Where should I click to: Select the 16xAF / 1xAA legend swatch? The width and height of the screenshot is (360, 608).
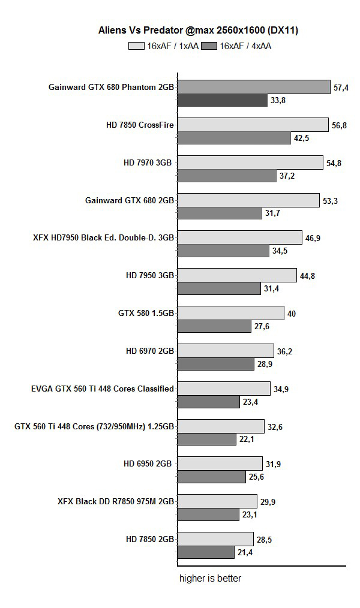136,46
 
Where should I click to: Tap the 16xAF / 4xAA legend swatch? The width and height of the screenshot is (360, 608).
209,46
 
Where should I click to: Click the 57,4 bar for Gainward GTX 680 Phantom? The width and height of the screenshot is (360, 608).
254,87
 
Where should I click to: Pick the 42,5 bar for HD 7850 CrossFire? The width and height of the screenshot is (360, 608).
235,138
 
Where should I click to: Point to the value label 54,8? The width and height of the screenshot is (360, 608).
334,163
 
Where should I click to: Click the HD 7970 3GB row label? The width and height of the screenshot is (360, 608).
148,162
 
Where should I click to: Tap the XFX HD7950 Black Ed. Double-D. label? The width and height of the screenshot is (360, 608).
104,237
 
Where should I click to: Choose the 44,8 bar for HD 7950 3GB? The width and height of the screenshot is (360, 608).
238,275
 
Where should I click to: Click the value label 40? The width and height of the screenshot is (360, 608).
292,314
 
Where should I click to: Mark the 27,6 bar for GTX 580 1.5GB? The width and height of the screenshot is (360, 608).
214,326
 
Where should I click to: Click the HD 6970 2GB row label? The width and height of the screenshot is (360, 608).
150,351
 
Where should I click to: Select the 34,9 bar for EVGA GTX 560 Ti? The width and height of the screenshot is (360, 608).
224,389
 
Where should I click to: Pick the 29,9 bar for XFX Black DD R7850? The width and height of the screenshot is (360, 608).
218,501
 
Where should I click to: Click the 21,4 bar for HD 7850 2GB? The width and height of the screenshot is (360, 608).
206,552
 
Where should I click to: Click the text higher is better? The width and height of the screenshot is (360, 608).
210,579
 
